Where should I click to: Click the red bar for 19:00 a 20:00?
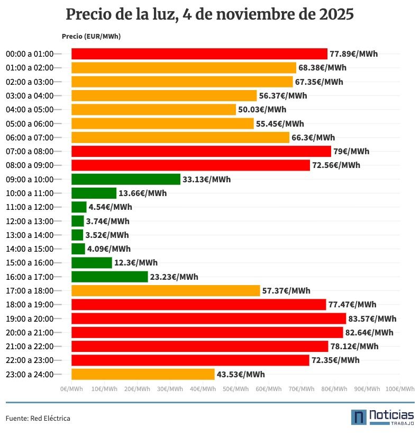[208, 318]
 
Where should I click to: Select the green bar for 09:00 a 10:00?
[126, 179]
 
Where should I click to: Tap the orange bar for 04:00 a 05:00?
[153, 110]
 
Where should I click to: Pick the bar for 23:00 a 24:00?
[143, 374]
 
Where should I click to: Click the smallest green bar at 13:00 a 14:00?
[77, 235]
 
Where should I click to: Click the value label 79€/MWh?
[351, 152]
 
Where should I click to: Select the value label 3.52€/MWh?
[107, 235]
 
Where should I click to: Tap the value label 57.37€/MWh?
[286, 290]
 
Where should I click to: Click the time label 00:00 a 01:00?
[30, 54]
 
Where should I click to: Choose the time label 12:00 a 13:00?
[30, 221]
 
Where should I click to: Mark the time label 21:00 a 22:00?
[30, 346]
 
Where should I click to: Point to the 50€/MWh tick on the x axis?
[235, 389]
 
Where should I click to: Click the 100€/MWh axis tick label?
[400, 389]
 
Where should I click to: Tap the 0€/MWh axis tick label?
[71, 389]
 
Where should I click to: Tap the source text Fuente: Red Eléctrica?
[38, 418]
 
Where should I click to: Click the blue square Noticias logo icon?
[359, 417]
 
